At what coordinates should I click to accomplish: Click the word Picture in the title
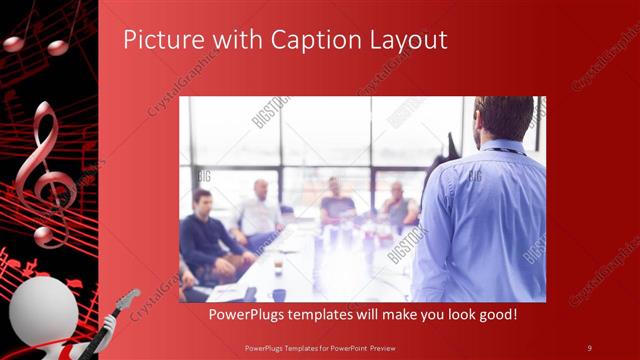click(158, 40)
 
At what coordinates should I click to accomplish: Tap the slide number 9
click(589, 347)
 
